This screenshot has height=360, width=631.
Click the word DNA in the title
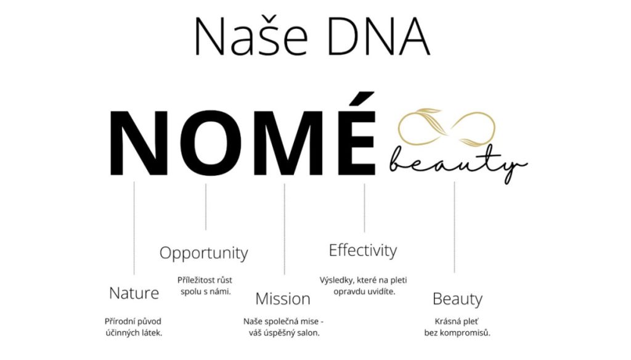tap(379, 36)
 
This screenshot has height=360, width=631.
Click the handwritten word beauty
tap(458, 163)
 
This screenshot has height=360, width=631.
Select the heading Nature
tap(134, 293)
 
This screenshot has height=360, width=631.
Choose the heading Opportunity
tap(203, 253)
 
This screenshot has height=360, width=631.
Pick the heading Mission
tap(283, 299)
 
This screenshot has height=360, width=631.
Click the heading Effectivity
tap(363, 250)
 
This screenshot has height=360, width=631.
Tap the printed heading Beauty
tap(457, 299)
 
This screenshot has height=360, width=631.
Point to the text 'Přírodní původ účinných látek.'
tap(133, 327)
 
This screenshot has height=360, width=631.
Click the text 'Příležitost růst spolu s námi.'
tap(205, 285)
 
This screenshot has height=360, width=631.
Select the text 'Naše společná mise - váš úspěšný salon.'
tap(283, 327)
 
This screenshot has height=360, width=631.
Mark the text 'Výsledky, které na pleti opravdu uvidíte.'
tap(364, 285)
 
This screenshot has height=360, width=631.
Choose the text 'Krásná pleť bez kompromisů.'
tap(457, 327)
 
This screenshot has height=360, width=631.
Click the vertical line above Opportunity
tap(206, 207)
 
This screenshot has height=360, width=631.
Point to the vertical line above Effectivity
tap(365, 207)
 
